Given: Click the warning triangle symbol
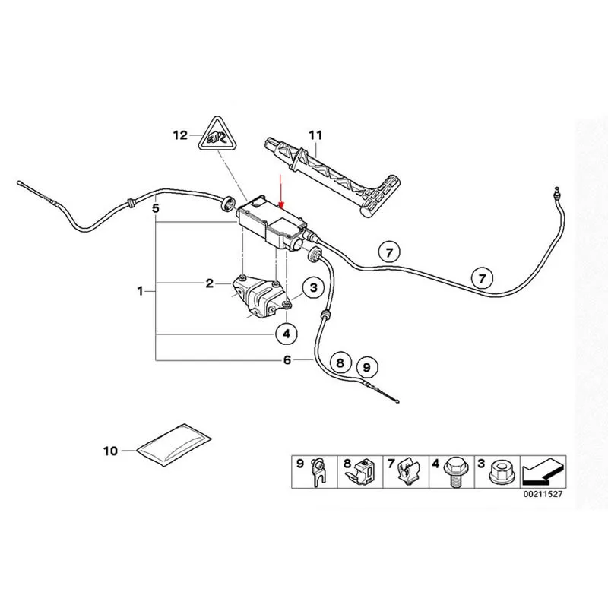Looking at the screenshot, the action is coord(217,135).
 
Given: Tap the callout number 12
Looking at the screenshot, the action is coord(180,135).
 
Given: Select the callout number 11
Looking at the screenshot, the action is coord(315,135).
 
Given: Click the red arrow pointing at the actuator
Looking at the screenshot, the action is coord(282,191).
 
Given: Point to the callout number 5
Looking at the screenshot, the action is coord(156,208).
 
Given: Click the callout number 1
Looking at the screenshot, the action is coord(140,291).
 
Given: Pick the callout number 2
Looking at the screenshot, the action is coord(210,283).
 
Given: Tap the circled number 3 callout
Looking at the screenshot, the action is coord(313,288).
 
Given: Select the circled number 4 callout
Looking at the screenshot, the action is coord(287,334).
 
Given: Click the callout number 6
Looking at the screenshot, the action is coord(287,360).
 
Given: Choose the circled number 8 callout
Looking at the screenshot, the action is coord(340,363).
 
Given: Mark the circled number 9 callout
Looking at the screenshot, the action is coord(366,367).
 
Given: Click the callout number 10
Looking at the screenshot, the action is coord(110,451).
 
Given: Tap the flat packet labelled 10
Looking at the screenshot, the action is coord(174,445).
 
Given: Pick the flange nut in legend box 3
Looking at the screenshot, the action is coord(499,472).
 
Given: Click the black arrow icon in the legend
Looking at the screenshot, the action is coord(543,472).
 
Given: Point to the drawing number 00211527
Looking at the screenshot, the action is coord(543,495).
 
